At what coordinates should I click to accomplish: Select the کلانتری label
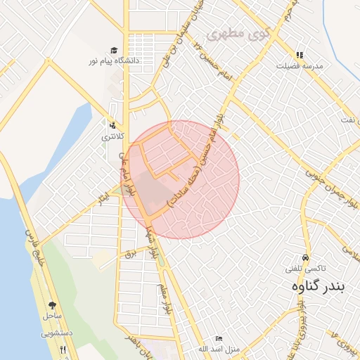pyautogui.click(x=113, y=136)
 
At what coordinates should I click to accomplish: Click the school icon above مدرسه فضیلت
pyautogui.click(x=300, y=55)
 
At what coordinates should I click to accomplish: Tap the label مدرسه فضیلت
pyautogui.click(x=300, y=65)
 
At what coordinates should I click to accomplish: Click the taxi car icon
pyautogui.click(x=304, y=257)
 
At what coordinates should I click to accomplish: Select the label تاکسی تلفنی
pyautogui.click(x=304, y=268)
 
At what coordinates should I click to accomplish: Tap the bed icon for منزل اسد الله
pyautogui.click(x=218, y=338)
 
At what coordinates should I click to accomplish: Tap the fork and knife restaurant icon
pyautogui.click(x=63, y=349)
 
